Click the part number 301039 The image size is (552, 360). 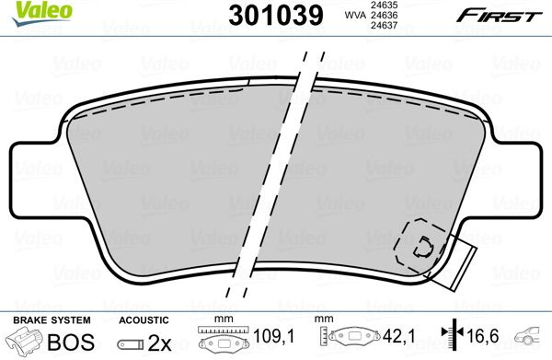tap(276, 15)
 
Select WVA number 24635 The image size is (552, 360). tap(383, 5)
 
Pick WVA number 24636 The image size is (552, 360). tap(383, 15)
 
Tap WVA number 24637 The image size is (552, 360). tap(383, 25)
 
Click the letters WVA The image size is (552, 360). tap(355, 15)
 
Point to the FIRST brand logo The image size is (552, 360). tap(499, 16)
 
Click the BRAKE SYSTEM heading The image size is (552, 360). tap(52, 320)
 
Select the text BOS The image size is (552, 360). tap(71, 342)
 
